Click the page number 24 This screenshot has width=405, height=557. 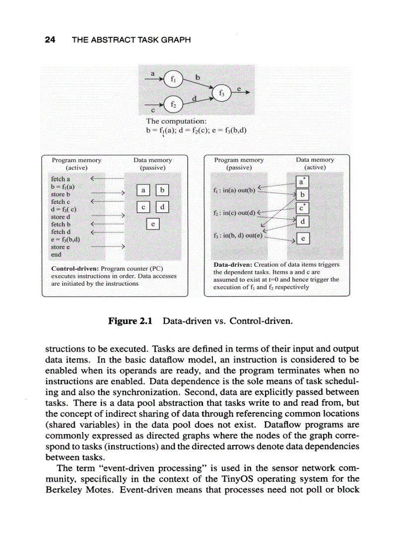coord(50,40)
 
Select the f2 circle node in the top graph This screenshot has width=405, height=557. coord(173,105)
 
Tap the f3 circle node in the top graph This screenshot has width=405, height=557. coord(221,92)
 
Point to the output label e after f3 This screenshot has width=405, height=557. coord(239,88)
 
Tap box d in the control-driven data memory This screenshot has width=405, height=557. coord(162,207)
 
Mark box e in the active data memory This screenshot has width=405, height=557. coord(303,239)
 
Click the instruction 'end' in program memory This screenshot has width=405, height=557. coord(56,254)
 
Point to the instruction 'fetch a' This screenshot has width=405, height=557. coord(61,179)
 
